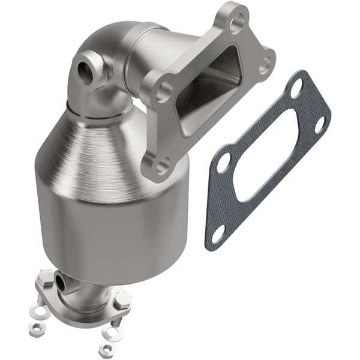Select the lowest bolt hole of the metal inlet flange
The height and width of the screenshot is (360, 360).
coord(160,166)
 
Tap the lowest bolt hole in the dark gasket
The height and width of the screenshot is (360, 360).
coord(218,231)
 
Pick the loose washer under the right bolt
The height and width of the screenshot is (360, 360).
coord(112,329)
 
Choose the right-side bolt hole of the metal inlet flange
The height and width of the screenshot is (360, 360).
coord(265,64)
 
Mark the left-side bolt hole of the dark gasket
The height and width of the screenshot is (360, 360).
coord(224,162)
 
